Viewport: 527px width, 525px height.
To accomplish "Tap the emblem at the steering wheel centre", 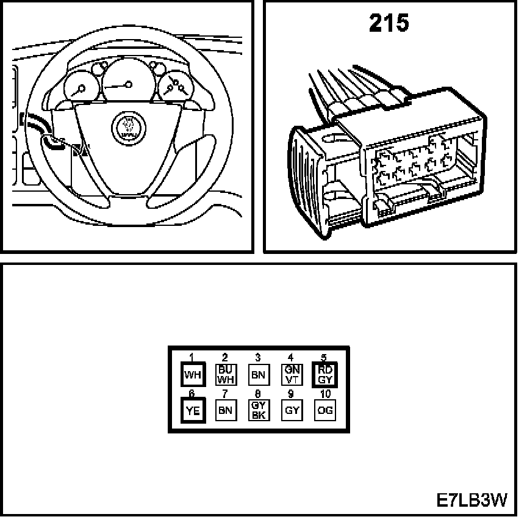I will pos(129,128).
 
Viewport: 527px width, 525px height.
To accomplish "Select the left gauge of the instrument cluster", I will pos(81,89).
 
